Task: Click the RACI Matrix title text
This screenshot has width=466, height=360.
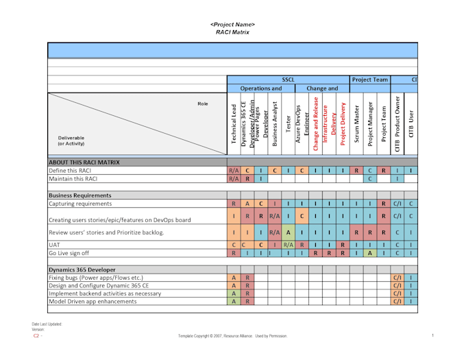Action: tap(232, 32)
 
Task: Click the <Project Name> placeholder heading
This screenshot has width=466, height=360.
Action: tap(232, 25)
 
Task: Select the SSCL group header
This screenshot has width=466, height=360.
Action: tap(288, 80)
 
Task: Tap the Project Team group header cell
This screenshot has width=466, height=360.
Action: tap(369, 80)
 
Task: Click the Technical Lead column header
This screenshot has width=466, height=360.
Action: tap(234, 125)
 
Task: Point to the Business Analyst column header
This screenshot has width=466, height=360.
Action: tap(275, 125)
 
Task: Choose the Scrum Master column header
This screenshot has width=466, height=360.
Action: tap(356, 125)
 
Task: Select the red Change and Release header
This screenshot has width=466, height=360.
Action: tap(315, 123)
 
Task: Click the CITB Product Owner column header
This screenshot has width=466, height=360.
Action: tap(397, 125)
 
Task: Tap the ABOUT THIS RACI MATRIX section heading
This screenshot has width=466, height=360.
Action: tap(83, 163)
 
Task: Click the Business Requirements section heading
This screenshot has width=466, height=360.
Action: tap(79, 195)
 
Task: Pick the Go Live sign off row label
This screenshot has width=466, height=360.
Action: tap(70, 253)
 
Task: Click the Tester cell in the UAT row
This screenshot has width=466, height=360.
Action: tap(289, 244)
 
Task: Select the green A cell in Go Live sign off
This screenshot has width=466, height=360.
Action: tap(369, 253)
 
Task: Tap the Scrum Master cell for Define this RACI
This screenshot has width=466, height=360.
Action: tap(356, 171)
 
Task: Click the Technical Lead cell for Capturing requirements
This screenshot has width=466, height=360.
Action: tap(234, 204)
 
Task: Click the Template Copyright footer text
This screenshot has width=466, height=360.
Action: tap(232, 336)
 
